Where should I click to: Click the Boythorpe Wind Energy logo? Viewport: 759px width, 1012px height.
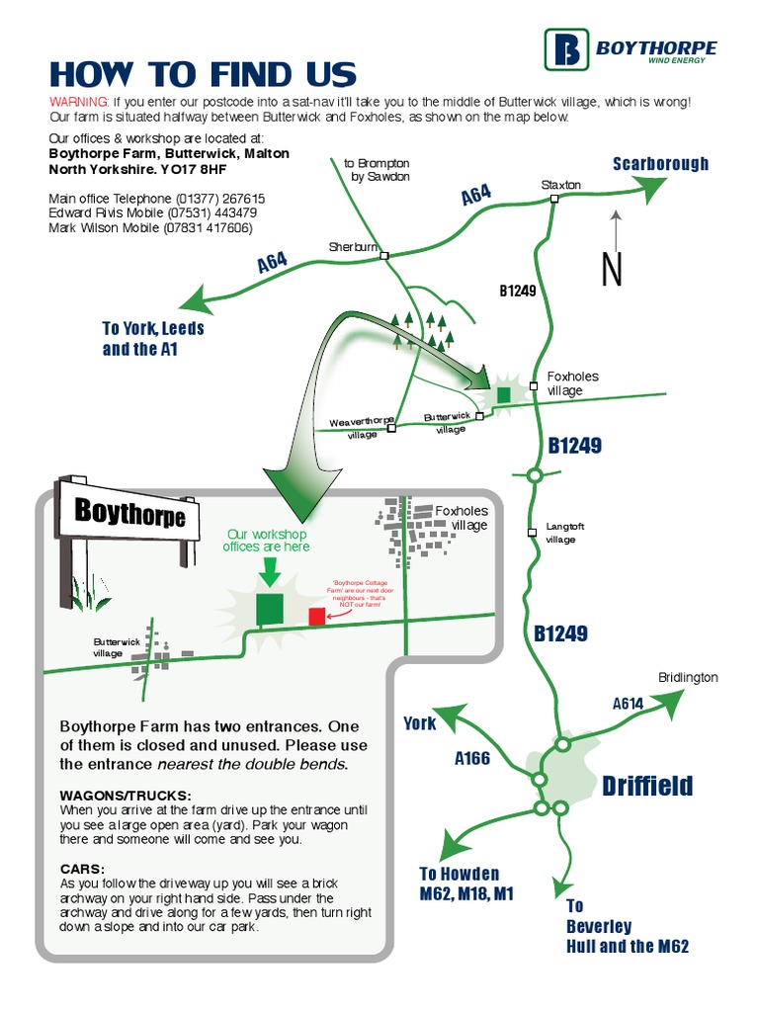pos(631,49)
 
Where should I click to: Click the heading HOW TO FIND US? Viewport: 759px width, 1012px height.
pos(203,75)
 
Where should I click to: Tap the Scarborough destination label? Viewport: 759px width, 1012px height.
pos(660,164)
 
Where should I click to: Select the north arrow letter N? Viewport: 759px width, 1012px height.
pos(613,270)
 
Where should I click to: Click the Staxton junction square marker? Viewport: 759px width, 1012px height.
pos(554,199)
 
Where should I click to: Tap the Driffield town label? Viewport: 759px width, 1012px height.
pos(647,787)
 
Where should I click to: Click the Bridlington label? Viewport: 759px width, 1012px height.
pos(688,677)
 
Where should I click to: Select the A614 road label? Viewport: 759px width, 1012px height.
pos(628,704)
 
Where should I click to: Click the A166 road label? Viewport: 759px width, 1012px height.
pos(472,758)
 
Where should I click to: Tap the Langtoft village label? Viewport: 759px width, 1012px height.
pos(565,533)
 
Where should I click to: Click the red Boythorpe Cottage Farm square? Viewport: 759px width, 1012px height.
pos(316,617)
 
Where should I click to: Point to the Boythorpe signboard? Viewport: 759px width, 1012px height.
pos(129,513)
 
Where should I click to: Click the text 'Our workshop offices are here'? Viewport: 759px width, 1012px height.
pos(267,541)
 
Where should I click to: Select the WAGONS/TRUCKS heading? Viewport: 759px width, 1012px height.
pos(126,796)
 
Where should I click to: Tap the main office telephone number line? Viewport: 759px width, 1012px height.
pos(156,199)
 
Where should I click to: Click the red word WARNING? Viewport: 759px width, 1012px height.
pos(78,102)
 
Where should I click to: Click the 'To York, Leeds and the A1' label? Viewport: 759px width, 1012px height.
pos(152,338)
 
